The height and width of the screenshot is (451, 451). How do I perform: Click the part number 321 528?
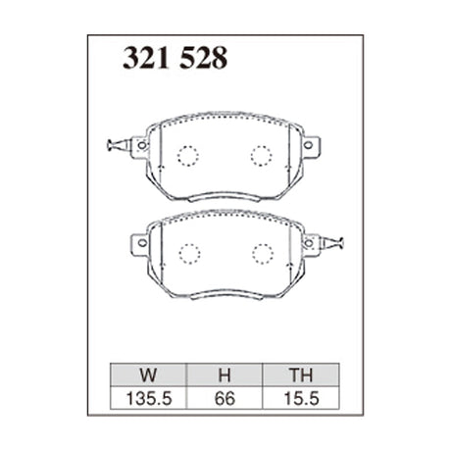tap(175, 59)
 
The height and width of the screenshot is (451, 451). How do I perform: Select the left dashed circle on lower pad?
tap(188, 252)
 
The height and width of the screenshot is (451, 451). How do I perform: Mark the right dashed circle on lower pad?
tap(261, 252)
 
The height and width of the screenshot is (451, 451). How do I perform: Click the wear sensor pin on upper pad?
tap(115, 148)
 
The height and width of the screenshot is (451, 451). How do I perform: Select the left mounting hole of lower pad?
tap(141, 241)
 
